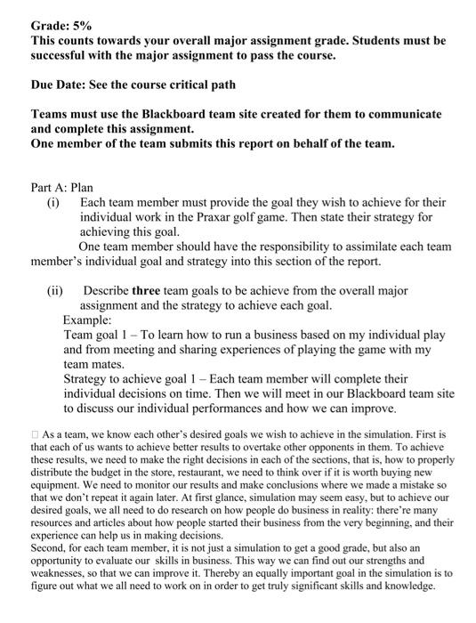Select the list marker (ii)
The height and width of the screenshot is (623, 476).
(x=56, y=289)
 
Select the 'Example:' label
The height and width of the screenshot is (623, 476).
(x=87, y=319)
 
